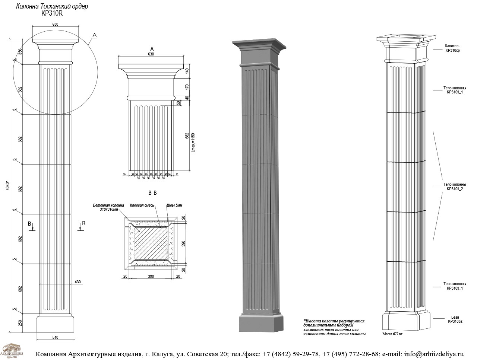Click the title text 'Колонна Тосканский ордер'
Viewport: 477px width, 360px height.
tap(52, 7)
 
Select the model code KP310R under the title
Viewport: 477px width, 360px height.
tap(52, 13)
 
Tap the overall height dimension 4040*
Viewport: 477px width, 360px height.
tap(8, 185)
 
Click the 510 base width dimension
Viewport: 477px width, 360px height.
tap(55, 338)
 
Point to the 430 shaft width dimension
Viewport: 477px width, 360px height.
tap(78, 282)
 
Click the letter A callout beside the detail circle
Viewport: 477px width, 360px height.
tap(95, 35)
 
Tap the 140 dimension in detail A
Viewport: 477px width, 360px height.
tap(187, 71)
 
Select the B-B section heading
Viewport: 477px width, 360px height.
tap(152, 193)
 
